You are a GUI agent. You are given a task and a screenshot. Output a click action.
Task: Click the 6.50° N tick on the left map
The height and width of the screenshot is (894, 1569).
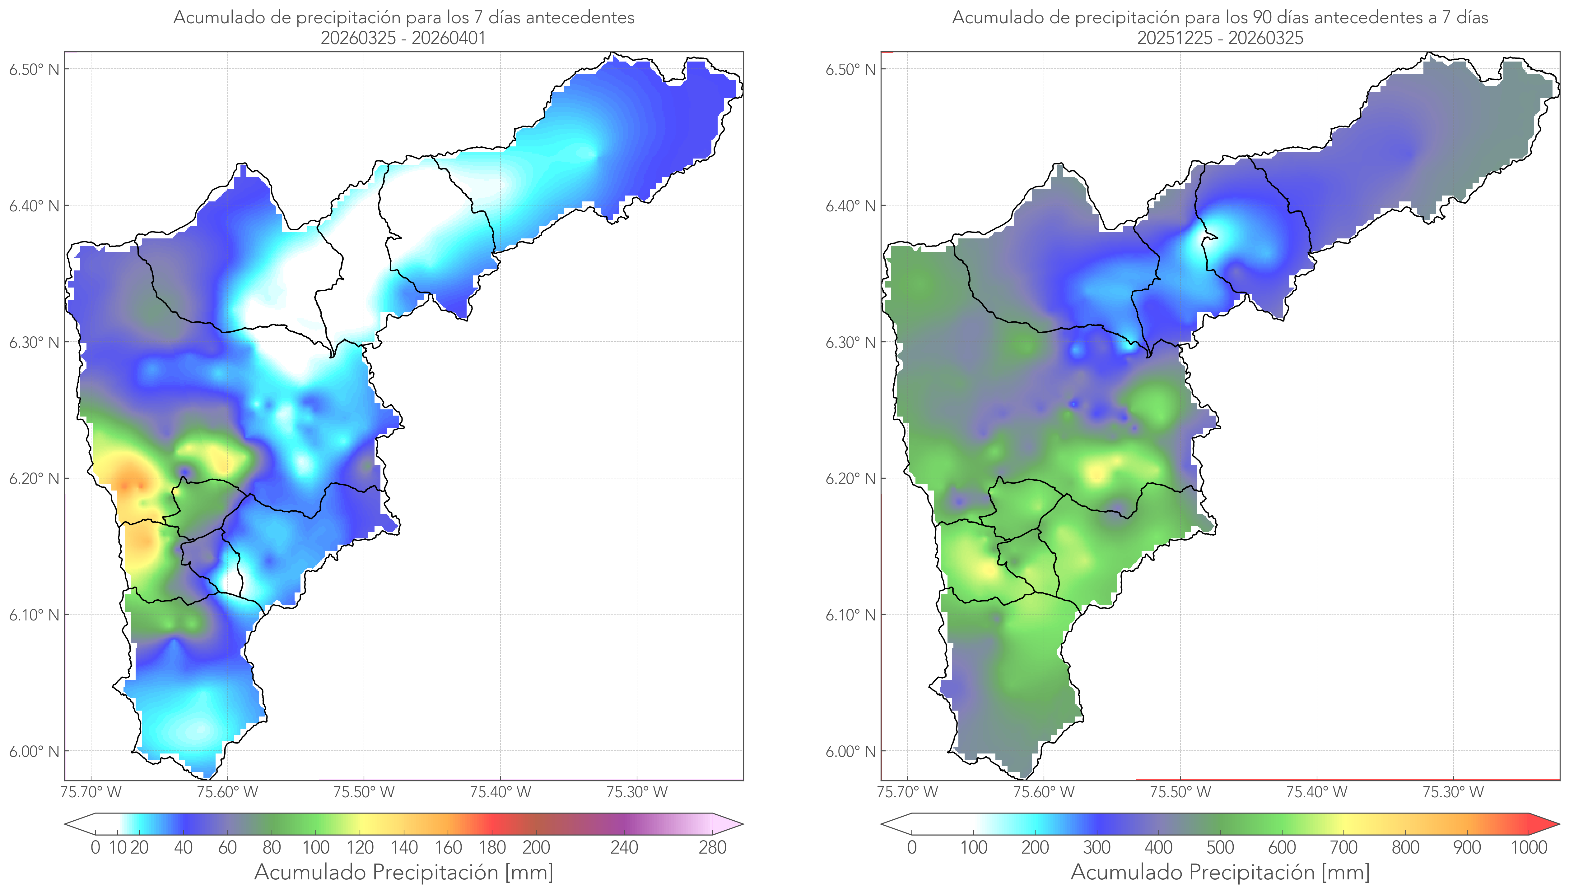coord(35,69)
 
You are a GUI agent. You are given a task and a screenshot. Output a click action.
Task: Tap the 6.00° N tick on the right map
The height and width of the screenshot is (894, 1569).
coord(851,752)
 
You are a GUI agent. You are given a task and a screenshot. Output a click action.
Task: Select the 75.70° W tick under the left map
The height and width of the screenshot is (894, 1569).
coord(91,792)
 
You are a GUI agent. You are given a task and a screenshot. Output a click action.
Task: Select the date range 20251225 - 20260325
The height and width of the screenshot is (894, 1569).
coord(1220,38)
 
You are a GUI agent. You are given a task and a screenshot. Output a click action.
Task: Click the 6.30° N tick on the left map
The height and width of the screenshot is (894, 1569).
coord(35,342)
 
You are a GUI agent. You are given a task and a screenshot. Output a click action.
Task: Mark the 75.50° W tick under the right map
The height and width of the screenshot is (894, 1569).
coord(1180,792)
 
